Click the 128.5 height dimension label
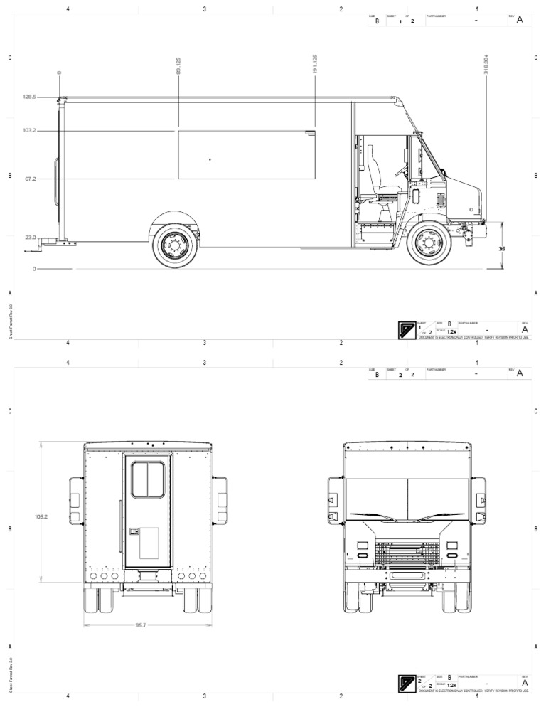pyautogui.click(x=29, y=97)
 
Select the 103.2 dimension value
pyautogui.click(x=29, y=130)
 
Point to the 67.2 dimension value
pyautogui.click(x=30, y=179)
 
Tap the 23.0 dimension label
pyautogui.click(x=30, y=237)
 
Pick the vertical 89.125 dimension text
pyautogui.click(x=178, y=65)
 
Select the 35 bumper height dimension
pyautogui.click(x=501, y=249)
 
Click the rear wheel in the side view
pyautogui.click(x=173, y=245)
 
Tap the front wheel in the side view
pyautogui.click(x=429, y=245)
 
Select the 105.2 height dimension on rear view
pyautogui.click(x=41, y=516)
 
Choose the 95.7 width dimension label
pyautogui.click(x=141, y=625)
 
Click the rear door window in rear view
pyautogui.click(x=148, y=479)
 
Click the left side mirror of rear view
pyautogui.click(x=75, y=501)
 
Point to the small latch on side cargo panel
pyautogui.click(x=310, y=132)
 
